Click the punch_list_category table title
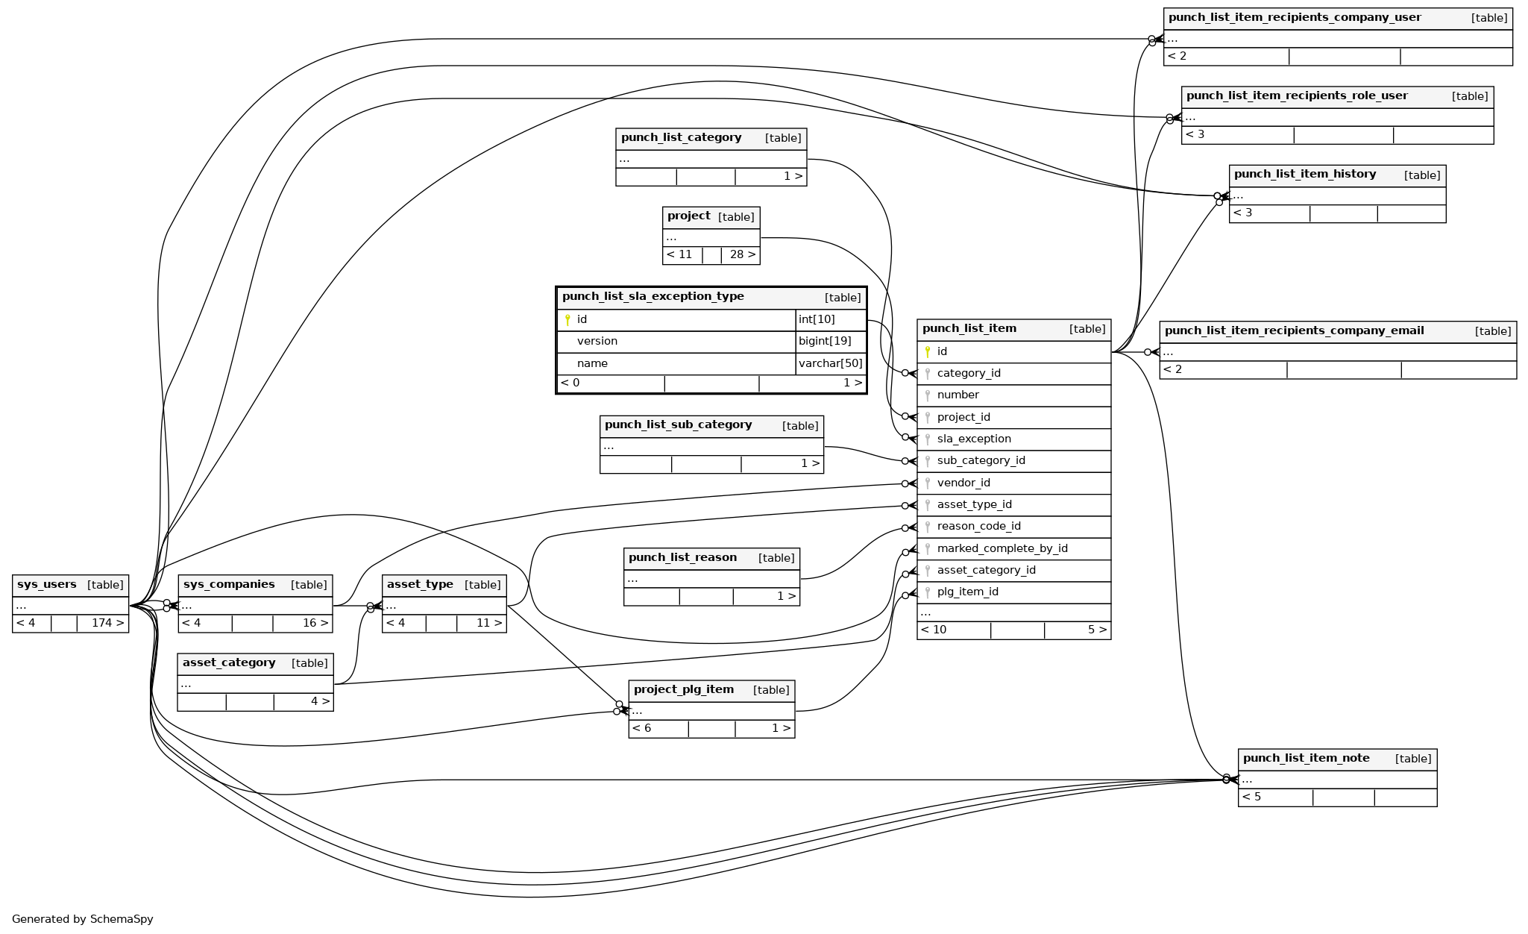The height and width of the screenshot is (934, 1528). [681, 138]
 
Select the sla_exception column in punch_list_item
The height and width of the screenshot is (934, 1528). [973, 439]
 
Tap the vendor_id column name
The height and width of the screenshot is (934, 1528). [963, 483]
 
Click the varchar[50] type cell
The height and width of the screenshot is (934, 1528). [830, 363]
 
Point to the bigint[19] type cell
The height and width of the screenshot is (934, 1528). [825, 341]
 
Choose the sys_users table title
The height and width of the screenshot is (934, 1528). [46, 585]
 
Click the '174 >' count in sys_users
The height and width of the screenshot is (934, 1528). [107, 623]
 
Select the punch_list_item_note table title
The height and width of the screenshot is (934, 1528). [1306, 759]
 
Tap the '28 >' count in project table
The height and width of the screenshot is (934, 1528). [742, 254]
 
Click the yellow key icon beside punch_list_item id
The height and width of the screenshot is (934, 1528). [928, 351]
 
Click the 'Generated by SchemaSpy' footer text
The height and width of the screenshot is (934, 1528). [82, 919]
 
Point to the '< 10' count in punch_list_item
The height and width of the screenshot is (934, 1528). [934, 630]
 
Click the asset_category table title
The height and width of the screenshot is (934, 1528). [229, 663]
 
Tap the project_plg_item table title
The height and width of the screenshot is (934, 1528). [683, 690]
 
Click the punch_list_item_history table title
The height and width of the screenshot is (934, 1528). [1304, 175]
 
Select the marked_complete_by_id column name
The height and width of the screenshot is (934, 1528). [1002, 548]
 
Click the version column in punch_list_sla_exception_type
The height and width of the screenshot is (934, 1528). [597, 341]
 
